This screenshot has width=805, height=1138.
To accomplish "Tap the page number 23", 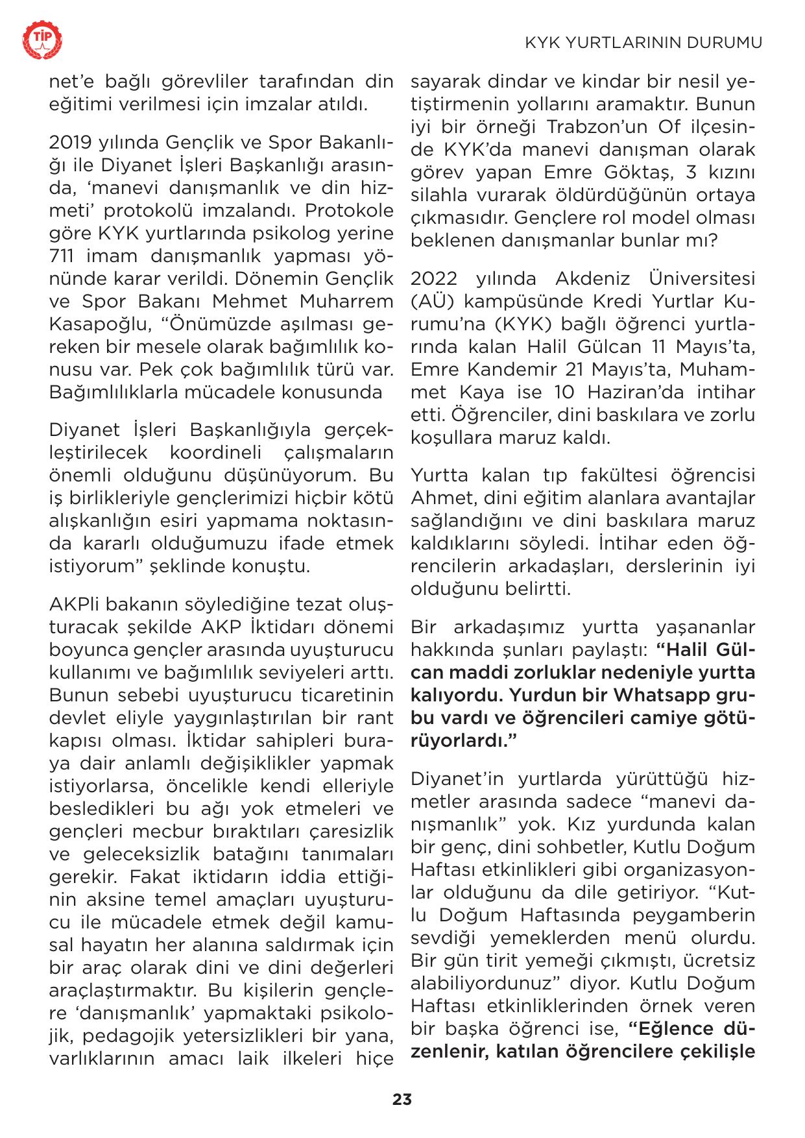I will pos(402,1100).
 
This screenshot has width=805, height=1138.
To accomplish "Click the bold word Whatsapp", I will pos(663,695).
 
